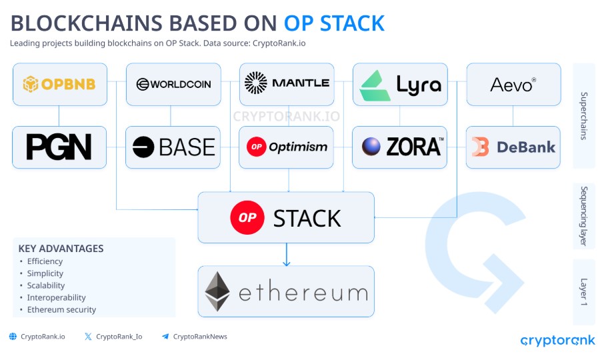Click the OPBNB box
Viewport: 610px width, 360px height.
(60, 85)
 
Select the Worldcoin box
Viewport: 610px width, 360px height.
(173, 85)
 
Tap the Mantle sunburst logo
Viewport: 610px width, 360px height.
(255, 83)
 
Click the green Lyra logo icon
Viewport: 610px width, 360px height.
(375, 85)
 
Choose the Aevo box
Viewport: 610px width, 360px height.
(513, 85)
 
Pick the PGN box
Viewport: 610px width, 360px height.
(59, 147)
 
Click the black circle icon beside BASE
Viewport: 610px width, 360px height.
(143, 147)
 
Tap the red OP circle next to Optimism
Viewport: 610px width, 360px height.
(257, 147)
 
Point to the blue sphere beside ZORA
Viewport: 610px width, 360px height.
(371, 147)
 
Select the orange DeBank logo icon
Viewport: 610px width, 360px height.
(480, 147)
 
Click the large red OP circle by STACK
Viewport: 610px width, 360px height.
(247, 217)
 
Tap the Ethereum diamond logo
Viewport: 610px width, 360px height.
(217, 291)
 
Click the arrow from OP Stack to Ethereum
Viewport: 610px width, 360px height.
(286, 255)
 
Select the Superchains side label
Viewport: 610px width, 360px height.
(583, 116)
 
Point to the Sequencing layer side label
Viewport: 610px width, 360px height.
(583, 216)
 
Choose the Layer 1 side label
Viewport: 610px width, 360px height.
(583, 292)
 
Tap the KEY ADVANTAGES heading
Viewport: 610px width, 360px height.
(61, 249)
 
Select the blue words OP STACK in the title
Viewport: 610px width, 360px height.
(334, 23)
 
